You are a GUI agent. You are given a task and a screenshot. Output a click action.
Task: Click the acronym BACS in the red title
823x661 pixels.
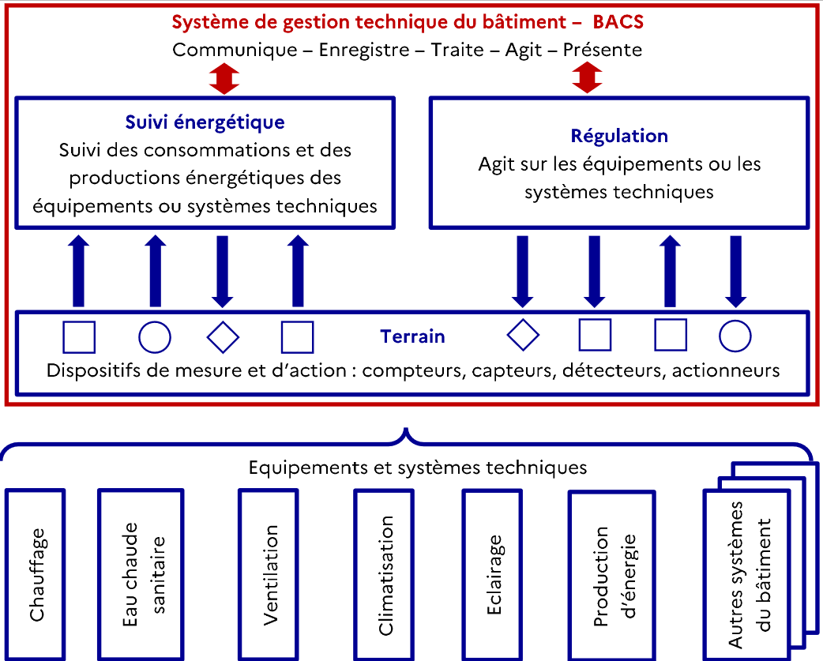pyautogui.click(x=618, y=22)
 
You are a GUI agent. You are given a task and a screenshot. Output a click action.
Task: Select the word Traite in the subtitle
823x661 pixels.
pyautogui.click(x=457, y=50)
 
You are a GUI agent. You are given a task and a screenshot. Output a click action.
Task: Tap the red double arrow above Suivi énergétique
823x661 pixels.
pyautogui.click(x=224, y=78)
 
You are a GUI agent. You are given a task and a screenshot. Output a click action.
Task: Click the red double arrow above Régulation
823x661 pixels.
pyautogui.click(x=587, y=77)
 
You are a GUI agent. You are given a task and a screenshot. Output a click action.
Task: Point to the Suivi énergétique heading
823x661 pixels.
pyautogui.click(x=205, y=122)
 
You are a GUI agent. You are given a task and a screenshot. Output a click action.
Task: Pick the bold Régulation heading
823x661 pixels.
pyautogui.click(x=619, y=136)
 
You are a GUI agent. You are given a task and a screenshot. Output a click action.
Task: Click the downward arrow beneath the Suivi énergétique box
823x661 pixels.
pyautogui.click(x=223, y=271)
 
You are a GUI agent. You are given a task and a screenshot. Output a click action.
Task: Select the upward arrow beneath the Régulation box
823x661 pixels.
pyautogui.click(x=671, y=271)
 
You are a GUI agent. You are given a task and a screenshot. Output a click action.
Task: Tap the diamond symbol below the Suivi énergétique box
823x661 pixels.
pyautogui.click(x=223, y=336)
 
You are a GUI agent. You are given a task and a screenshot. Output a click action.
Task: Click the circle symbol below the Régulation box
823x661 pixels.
pyautogui.click(x=735, y=336)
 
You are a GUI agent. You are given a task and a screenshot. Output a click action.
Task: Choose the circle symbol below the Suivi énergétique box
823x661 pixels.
pyautogui.click(x=154, y=336)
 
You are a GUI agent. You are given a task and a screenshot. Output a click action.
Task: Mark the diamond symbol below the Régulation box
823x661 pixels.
pyautogui.click(x=524, y=335)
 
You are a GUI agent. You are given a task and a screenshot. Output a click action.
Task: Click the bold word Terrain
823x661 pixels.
pyautogui.click(x=412, y=336)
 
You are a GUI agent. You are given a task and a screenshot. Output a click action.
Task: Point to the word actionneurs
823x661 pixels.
pyautogui.click(x=726, y=370)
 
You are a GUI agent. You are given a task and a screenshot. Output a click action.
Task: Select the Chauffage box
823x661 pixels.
pyautogui.click(x=36, y=574)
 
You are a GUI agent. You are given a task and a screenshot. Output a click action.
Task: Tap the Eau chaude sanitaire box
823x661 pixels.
pyautogui.click(x=141, y=574)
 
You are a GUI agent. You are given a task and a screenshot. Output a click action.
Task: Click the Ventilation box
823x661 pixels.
pyautogui.click(x=269, y=574)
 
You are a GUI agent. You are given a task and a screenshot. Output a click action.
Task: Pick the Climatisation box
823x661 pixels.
pyautogui.click(x=384, y=574)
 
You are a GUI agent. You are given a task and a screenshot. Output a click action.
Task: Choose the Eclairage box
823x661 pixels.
pyautogui.click(x=492, y=574)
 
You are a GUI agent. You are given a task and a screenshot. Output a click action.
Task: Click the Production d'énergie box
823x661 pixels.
pyautogui.click(x=612, y=576)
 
